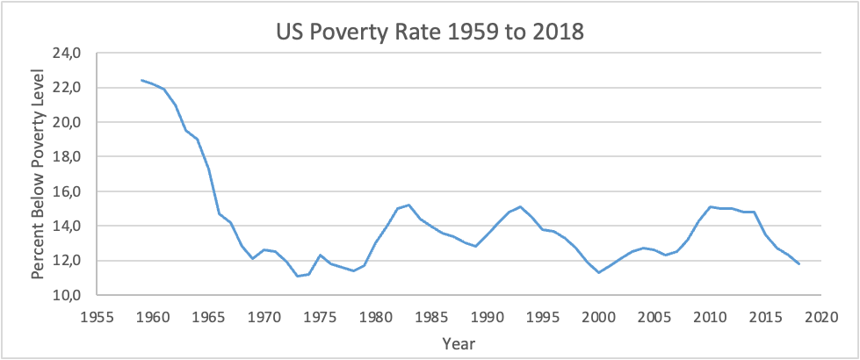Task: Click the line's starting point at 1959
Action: pyautogui.click(x=141, y=81)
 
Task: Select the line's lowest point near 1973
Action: pyautogui.click(x=297, y=276)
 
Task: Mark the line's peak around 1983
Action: pyautogui.click(x=408, y=205)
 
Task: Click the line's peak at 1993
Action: pyautogui.click(x=520, y=206)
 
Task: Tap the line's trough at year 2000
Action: pyautogui.click(x=598, y=272)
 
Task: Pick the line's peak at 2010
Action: pyautogui.click(x=711, y=206)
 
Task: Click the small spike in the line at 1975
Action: pyautogui.click(x=319, y=255)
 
